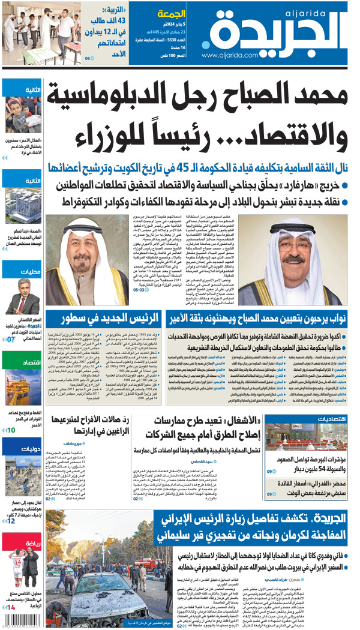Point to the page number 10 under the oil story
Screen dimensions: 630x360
(x=11, y=430)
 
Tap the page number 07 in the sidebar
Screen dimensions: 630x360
(x=11, y=340)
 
